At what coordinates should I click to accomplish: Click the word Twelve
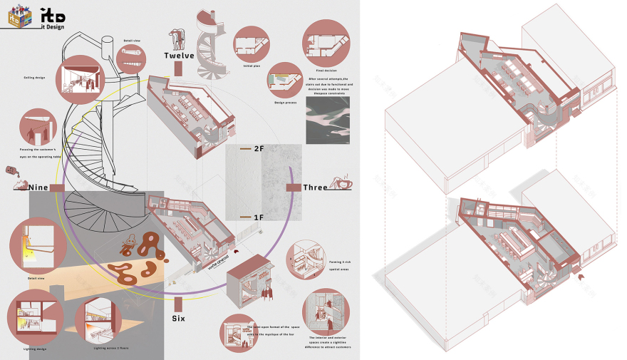tap(178, 56)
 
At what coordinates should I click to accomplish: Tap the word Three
tap(315, 187)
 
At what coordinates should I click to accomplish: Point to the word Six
tap(178, 318)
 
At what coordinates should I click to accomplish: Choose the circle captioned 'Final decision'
tap(325, 41)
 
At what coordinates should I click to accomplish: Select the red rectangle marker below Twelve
tap(179, 68)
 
